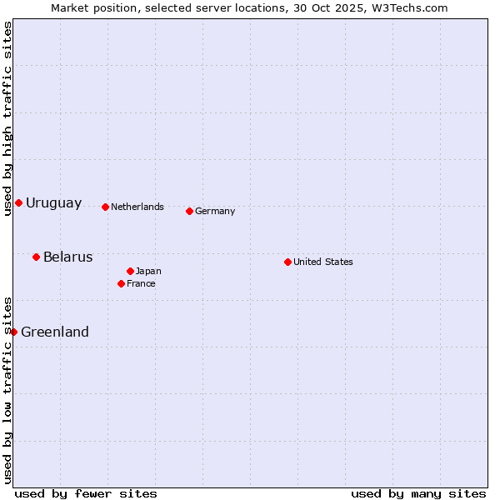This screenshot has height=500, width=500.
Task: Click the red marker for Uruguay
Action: click(x=18, y=202)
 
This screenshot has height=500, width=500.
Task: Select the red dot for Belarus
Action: click(x=36, y=257)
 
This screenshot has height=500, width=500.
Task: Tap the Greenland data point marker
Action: click(x=13, y=332)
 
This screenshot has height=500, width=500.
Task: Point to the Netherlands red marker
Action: click(x=105, y=207)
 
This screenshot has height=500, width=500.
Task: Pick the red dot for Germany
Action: click(x=189, y=211)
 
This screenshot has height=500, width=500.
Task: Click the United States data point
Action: click(x=287, y=262)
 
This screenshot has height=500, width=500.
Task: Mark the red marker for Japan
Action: click(x=130, y=271)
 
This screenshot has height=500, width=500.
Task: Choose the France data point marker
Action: click(x=121, y=283)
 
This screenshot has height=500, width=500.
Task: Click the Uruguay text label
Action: click(x=54, y=203)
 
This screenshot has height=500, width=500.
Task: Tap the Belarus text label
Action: click(x=68, y=257)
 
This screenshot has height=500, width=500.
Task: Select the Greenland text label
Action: click(x=55, y=332)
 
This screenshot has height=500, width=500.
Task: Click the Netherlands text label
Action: click(x=137, y=207)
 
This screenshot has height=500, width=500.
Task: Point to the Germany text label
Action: click(x=215, y=212)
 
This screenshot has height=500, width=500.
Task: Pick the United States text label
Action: click(x=323, y=262)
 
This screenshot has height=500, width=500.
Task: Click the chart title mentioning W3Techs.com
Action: click(x=249, y=8)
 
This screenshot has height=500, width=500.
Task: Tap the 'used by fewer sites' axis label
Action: click(x=86, y=493)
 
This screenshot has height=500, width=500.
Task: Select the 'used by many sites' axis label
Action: click(x=418, y=493)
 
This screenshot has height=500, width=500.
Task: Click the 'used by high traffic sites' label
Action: click(x=7, y=118)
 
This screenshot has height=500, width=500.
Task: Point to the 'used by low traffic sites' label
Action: click(x=7, y=390)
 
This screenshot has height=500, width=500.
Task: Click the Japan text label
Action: click(x=148, y=272)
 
